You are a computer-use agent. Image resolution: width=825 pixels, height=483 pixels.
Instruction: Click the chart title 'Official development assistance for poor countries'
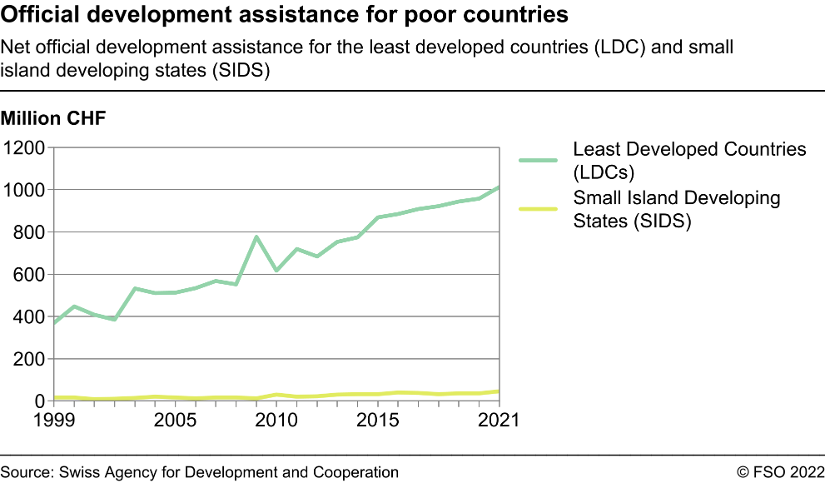(x=285, y=15)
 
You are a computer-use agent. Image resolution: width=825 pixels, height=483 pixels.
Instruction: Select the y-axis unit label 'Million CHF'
(x=54, y=119)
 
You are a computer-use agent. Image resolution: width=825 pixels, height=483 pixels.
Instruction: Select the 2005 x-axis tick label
(x=175, y=420)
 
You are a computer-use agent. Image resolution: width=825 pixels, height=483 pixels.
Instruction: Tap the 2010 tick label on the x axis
(x=276, y=420)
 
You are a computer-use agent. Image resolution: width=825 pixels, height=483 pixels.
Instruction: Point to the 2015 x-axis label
(x=378, y=420)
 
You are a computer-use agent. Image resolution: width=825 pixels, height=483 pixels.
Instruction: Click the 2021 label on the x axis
(x=496, y=420)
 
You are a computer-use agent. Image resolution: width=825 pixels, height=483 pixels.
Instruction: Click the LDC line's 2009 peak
(x=256, y=237)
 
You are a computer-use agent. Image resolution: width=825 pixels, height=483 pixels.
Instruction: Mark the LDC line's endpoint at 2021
(x=499, y=187)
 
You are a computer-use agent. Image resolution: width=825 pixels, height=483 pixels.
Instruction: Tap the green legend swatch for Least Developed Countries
(x=538, y=161)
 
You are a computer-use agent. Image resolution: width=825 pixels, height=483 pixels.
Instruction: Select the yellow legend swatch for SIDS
(x=538, y=208)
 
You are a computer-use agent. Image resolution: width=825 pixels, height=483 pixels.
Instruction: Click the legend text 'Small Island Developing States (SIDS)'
(x=676, y=210)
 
